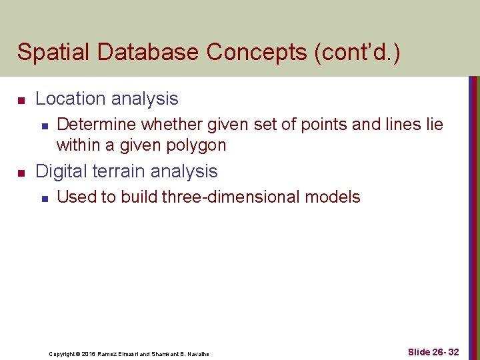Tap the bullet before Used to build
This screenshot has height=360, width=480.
point(43,198)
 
